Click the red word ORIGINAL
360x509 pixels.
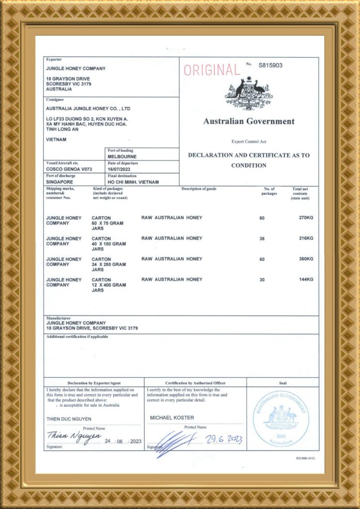pyautogui.click(x=211, y=71)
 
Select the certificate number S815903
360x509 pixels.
pyautogui.click(x=270, y=65)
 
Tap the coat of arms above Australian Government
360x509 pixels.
pyautogui.click(x=249, y=94)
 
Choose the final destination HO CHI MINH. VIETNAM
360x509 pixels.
pyautogui.click(x=133, y=182)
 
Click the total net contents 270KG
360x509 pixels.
pyautogui.click(x=306, y=218)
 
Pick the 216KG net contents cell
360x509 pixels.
pyautogui.click(x=306, y=239)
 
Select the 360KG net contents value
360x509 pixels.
pyautogui.click(x=306, y=259)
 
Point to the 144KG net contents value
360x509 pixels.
pyautogui.click(x=306, y=279)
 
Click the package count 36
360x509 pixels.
pyautogui.click(x=262, y=239)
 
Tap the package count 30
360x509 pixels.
pyautogui.click(x=262, y=279)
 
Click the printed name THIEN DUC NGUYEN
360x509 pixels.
pyautogui.click(x=69, y=419)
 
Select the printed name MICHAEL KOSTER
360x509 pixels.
pyautogui.click(x=172, y=418)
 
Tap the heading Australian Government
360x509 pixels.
pyautogui.click(x=249, y=121)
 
